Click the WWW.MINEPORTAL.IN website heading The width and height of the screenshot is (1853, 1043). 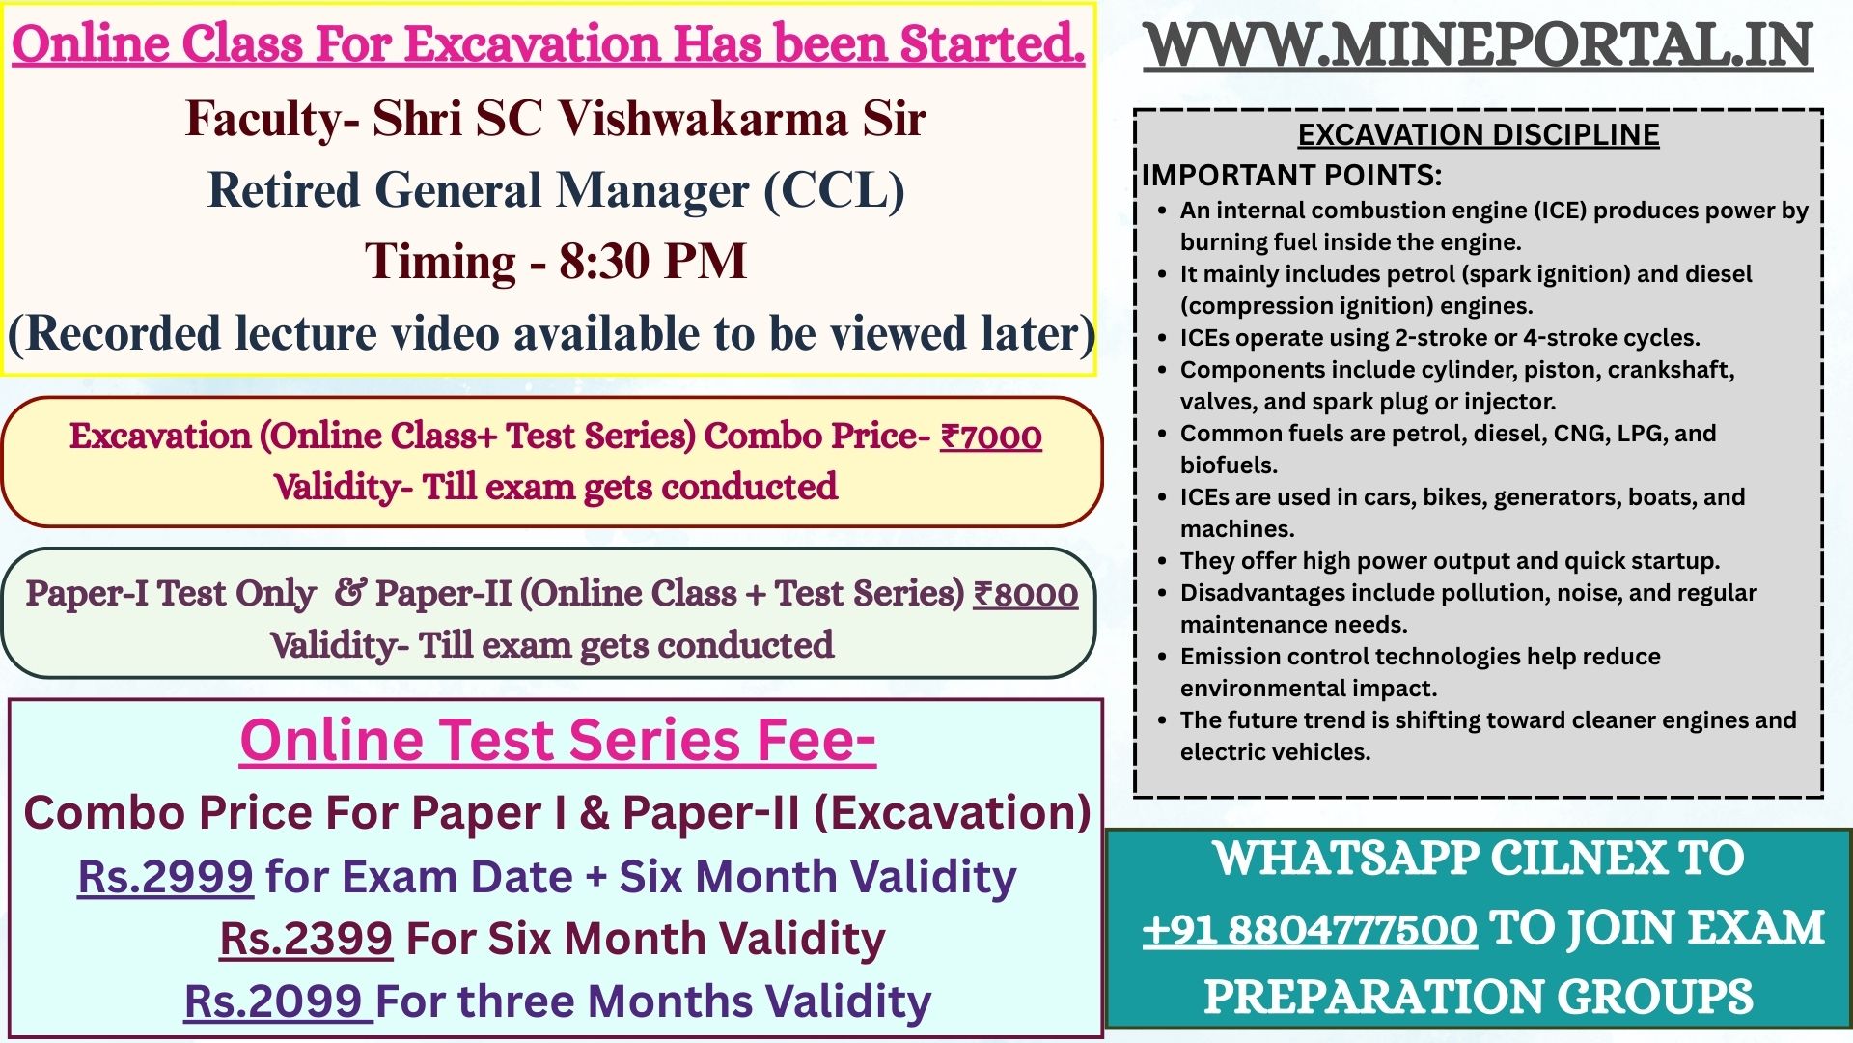[x=1479, y=45]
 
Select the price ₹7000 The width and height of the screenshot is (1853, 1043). [x=991, y=437]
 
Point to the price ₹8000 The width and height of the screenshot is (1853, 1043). [x=1025, y=594]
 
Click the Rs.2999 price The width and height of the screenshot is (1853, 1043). [x=165, y=876]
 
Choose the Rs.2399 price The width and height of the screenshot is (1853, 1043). [x=306, y=939]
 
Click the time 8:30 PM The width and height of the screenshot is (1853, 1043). [x=653, y=261]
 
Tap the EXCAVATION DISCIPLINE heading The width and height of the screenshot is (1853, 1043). [x=1479, y=135]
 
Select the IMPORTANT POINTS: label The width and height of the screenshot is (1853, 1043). [x=1291, y=176]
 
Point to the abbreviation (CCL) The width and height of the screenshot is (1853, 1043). [x=835, y=190]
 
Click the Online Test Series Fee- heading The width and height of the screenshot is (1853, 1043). [x=558, y=741]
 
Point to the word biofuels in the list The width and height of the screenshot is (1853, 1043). [x=1229, y=465]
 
